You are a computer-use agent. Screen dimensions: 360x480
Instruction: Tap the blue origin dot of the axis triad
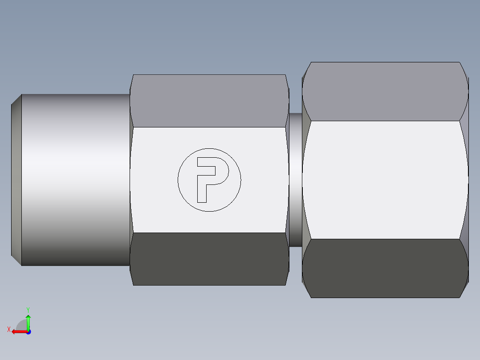coord(28,331)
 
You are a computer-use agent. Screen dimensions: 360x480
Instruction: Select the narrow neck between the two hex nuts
coord(295,180)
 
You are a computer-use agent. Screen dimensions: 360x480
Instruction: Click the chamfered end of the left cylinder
coord(16,180)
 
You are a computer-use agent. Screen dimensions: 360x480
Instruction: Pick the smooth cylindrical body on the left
coord(76,180)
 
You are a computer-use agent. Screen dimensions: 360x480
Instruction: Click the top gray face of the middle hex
coord(209,101)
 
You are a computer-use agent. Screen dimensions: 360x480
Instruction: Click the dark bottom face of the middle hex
coord(209,259)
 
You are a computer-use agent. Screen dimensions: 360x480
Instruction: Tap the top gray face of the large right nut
coord(385,91)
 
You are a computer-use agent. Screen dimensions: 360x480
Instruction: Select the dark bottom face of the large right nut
coord(385,268)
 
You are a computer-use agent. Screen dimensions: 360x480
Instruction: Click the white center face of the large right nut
coord(385,180)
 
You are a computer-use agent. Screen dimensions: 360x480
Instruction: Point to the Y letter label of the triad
coord(28,309)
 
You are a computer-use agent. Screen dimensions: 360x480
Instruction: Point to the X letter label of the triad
coord(8,329)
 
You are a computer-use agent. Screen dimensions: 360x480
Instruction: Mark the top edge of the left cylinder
coord(76,94)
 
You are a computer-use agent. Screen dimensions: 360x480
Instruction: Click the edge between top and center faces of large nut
coord(385,121)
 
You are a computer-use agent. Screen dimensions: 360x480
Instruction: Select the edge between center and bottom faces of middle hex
coord(209,233)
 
